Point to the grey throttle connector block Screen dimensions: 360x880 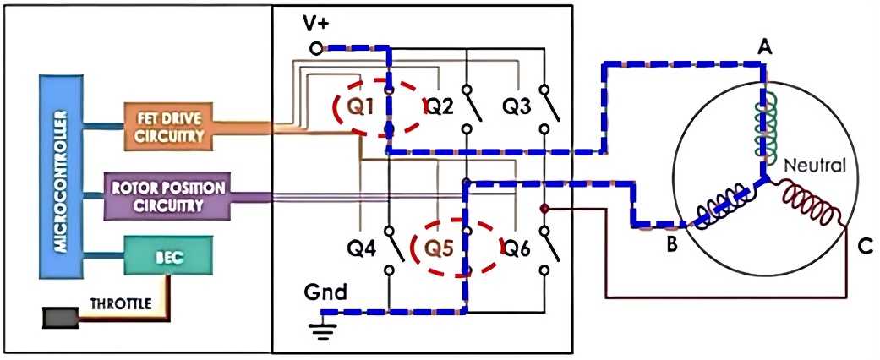(x=60, y=319)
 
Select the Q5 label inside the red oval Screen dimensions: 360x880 (x=440, y=248)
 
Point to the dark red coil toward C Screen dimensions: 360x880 (x=814, y=208)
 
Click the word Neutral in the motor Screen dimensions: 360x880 (x=816, y=166)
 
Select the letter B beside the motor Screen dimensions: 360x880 (x=670, y=246)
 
